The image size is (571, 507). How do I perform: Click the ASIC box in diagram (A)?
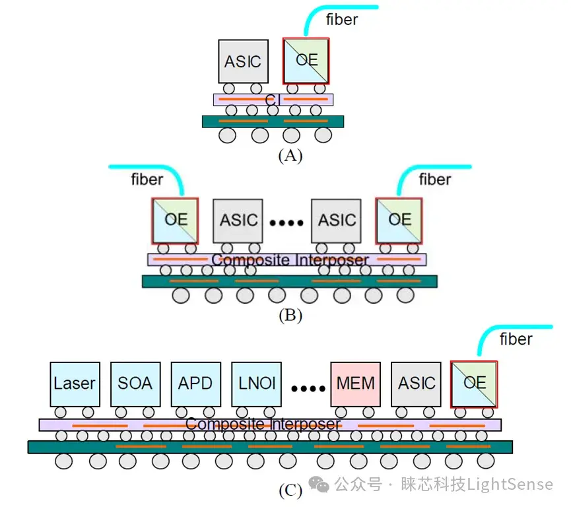coord(244,61)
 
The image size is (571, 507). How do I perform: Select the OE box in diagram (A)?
coord(306,61)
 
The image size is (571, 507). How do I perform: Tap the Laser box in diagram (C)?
coord(75,384)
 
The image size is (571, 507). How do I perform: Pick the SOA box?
coord(135,384)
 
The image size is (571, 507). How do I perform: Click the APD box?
coord(196,384)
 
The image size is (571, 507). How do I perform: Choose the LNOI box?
coord(256,384)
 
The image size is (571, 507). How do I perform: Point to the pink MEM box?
coord(355,384)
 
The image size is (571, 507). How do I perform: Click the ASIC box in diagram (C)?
coord(416,384)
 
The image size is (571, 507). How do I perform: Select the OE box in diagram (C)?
coord(474,384)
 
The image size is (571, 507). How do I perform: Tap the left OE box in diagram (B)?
coord(175,220)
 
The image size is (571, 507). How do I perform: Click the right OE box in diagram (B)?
coord(399,220)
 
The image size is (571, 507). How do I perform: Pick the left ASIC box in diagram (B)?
coord(238,220)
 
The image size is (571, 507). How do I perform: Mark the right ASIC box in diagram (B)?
coord(336,220)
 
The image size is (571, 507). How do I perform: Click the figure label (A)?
coord(290,156)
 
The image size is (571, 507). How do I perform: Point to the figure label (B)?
coord(290,315)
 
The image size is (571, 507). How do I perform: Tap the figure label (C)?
coord(290,490)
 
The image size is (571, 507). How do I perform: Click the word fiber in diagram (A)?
coord(341,19)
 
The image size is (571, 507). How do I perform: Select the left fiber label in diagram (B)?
coord(147,179)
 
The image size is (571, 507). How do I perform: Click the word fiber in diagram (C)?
coord(516,339)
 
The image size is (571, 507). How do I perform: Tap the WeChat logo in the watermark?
coord(319,485)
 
